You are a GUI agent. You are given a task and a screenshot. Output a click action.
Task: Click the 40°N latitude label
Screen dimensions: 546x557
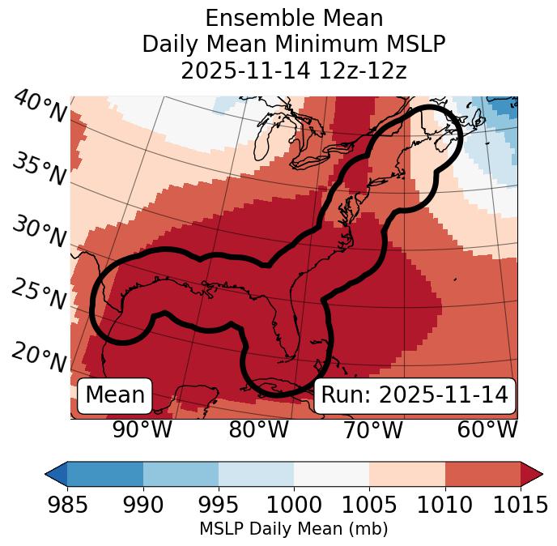[x=38, y=107]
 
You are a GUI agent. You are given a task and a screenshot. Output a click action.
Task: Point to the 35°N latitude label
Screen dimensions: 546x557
[x=38, y=169]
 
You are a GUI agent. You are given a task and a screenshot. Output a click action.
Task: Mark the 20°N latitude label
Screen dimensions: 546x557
[x=38, y=356]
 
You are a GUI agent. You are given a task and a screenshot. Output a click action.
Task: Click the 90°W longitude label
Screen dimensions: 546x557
[x=142, y=430]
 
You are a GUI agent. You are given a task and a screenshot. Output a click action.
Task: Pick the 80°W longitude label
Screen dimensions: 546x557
[x=258, y=430]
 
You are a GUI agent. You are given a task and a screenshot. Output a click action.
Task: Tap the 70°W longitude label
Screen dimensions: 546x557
[x=373, y=430]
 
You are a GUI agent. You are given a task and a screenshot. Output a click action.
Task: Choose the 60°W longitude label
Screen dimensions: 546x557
[x=487, y=430]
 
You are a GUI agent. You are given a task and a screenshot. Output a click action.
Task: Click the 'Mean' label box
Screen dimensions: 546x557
[x=115, y=395]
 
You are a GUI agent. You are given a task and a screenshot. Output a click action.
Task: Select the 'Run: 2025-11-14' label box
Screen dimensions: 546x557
[x=415, y=395]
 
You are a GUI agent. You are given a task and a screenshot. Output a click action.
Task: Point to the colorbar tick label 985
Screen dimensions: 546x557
[x=67, y=505]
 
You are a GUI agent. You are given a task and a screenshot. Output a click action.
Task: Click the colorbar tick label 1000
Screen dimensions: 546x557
[x=294, y=505]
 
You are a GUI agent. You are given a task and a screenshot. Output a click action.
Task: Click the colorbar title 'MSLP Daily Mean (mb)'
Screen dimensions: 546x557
[x=293, y=529]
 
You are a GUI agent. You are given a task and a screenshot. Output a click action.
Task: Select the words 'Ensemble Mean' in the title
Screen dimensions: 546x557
[x=294, y=18]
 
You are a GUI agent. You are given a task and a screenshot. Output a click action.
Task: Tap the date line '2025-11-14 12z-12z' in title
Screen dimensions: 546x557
[x=294, y=70]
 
